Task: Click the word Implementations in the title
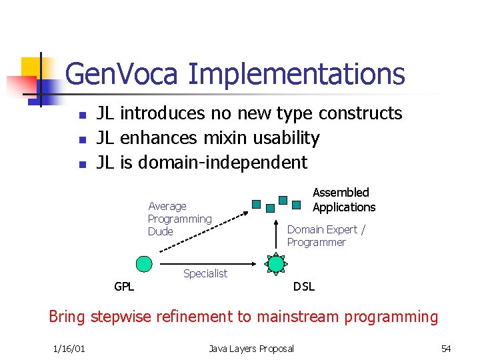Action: pyautogui.click(x=297, y=75)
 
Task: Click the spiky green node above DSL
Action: pyautogui.click(x=276, y=264)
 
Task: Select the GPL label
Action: pyautogui.click(x=124, y=287)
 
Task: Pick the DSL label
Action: pyautogui.click(x=304, y=287)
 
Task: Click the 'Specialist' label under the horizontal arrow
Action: pyautogui.click(x=205, y=273)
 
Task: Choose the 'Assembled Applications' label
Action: pyautogui.click(x=344, y=200)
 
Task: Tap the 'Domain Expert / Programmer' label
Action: pyautogui.click(x=325, y=236)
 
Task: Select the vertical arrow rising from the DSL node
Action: pyautogui.click(x=276, y=233)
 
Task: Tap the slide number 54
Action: pyautogui.click(x=445, y=349)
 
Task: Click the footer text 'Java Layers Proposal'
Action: pyautogui.click(x=251, y=349)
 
